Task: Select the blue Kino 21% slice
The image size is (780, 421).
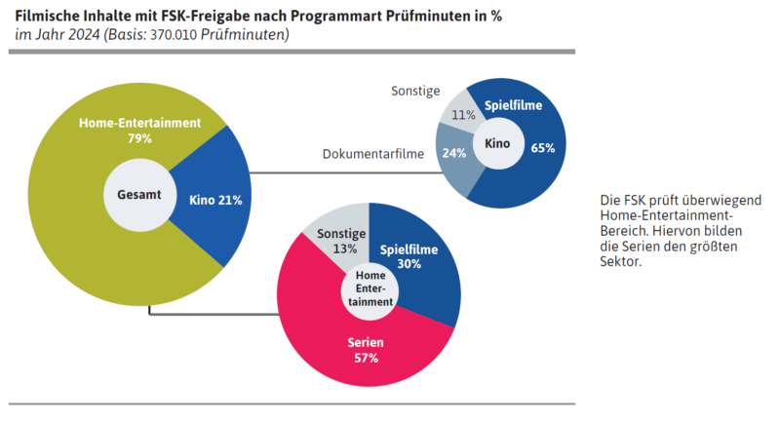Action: pyautogui.click(x=214, y=200)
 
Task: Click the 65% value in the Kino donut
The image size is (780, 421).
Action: pyautogui.click(x=543, y=148)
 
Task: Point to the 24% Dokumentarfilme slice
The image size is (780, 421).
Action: pyautogui.click(x=454, y=153)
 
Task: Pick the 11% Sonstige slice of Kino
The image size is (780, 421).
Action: pyautogui.click(x=464, y=115)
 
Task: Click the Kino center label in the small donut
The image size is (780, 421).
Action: pyautogui.click(x=497, y=143)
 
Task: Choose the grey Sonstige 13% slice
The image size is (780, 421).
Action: pyautogui.click(x=341, y=240)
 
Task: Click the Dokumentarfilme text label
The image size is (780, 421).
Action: pyautogui.click(x=373, y=155)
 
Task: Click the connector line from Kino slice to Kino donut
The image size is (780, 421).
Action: pyautogui.click(x=341, y=173)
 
